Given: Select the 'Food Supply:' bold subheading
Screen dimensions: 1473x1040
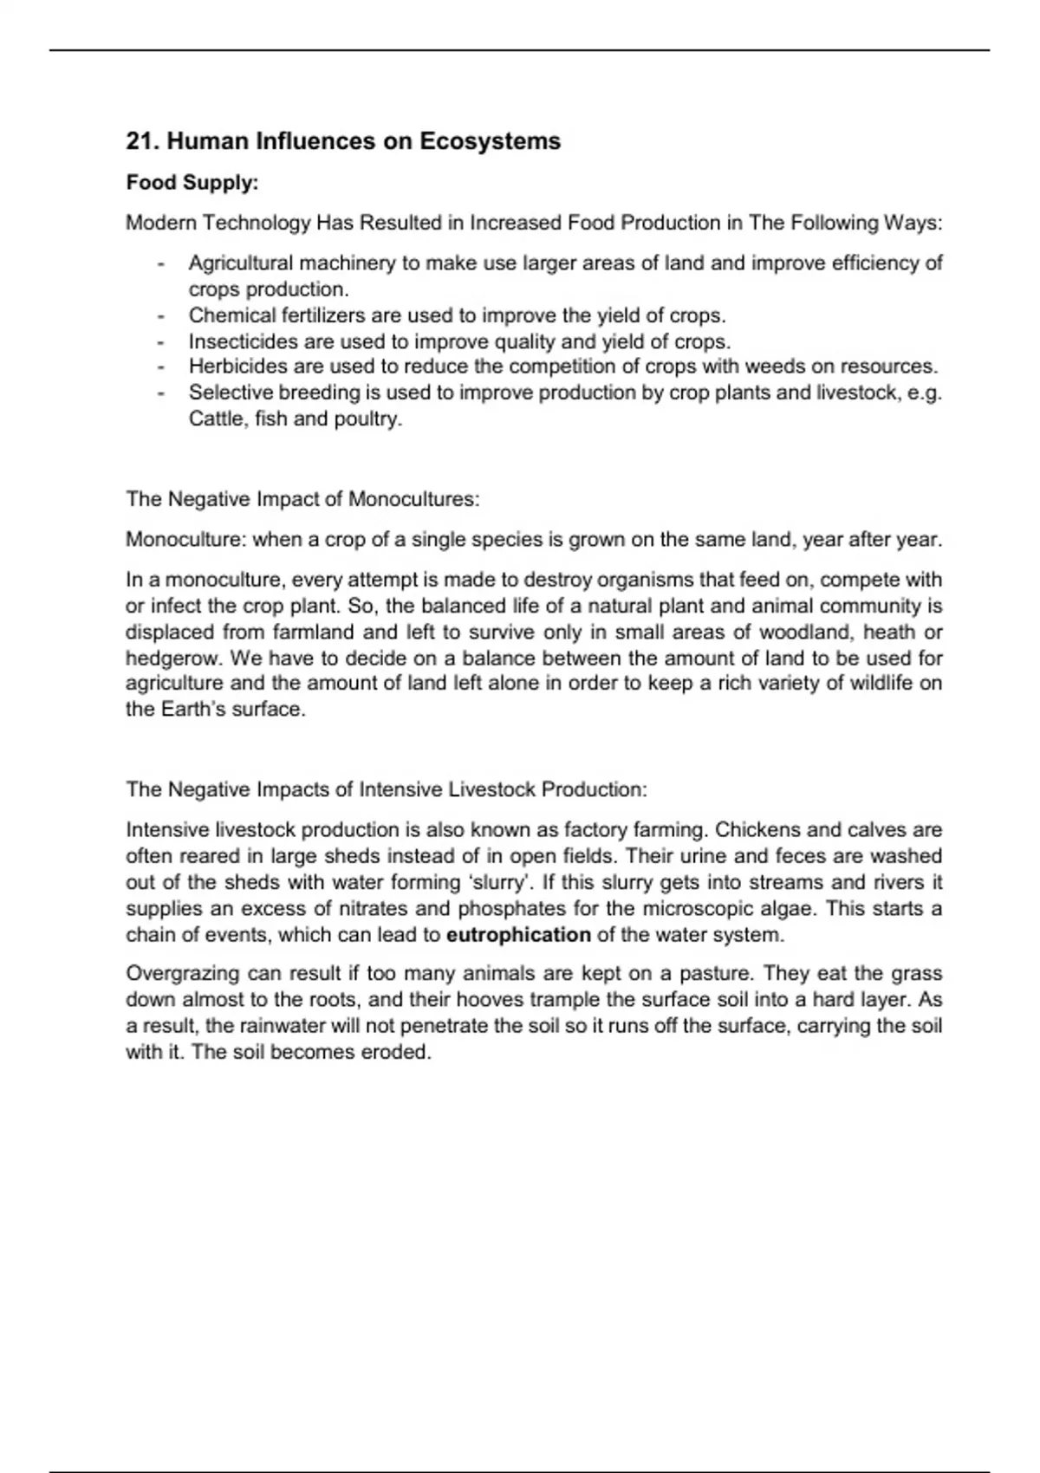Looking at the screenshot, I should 192,183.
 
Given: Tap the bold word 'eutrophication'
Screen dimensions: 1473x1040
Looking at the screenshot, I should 518,935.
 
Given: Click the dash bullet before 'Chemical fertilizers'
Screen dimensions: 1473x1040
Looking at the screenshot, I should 161,316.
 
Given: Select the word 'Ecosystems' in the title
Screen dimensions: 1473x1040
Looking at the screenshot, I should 490,141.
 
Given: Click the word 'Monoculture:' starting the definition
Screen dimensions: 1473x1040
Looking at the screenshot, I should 185,540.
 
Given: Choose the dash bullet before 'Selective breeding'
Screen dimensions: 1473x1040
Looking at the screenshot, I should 161,393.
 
